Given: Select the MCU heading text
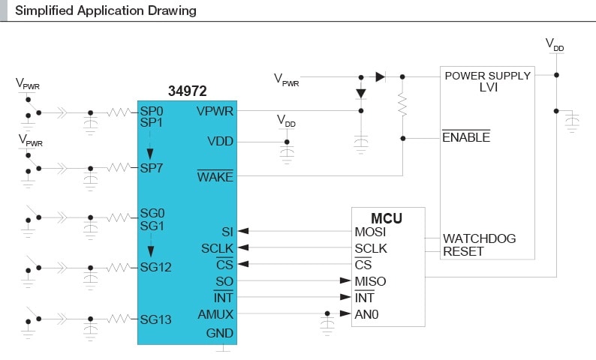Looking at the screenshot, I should pos(387,218).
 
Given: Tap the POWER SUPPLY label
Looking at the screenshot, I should pos(487,76).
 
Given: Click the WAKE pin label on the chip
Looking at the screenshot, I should pos(215,177).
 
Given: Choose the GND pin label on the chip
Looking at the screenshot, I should pos(220,333).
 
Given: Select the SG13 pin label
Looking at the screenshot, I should pos(155,319).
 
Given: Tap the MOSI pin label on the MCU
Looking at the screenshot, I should pos(370,232).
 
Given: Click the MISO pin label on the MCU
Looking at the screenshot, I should pos(370,281).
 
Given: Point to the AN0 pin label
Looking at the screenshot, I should pos(366,314).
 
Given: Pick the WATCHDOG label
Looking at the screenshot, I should pos(479,238).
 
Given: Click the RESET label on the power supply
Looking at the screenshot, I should pos(463,251).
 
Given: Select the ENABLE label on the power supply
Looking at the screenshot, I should pos(465,138).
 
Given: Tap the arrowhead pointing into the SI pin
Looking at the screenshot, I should pos(244,232).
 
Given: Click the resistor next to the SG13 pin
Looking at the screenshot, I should pos(119,319).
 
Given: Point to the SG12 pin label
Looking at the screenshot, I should pos(155,266).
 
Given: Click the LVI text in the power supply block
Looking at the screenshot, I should pos(487,88).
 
